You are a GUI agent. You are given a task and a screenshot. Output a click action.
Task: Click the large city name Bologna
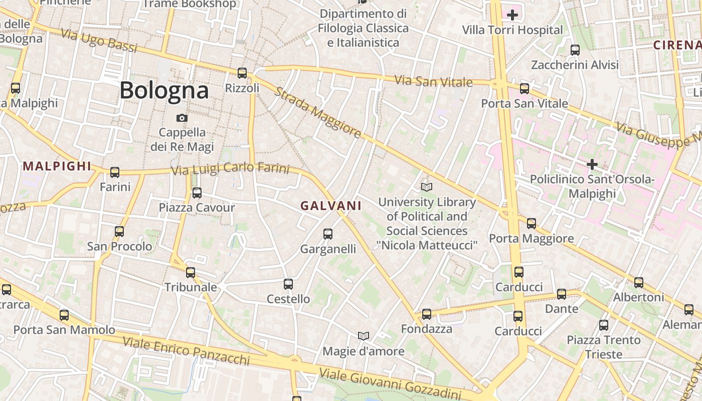(164, 91)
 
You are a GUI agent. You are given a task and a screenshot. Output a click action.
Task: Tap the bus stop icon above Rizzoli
(242, 73)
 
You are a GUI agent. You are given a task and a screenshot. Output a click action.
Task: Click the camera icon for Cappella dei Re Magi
(182, 118)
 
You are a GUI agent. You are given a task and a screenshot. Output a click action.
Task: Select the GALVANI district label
(331, 206)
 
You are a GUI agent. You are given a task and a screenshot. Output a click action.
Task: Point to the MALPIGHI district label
(57, 166)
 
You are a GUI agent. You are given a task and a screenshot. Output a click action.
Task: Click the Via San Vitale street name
(433, 81)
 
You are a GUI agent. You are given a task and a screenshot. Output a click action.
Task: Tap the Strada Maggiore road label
(318, 113)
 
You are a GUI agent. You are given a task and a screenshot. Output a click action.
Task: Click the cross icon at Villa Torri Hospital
(512, 15)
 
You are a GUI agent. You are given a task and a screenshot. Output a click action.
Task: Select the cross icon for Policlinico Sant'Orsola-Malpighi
(592, 164)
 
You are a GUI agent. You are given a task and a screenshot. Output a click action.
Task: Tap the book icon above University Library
(427, 187)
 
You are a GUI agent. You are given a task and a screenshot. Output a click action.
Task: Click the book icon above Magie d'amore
(364, 336)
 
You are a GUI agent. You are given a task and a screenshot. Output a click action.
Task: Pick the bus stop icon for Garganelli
(328, 234)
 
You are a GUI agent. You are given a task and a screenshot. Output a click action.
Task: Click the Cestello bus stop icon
(288, 284)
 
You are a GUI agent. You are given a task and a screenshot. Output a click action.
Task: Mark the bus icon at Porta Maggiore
(532, 224)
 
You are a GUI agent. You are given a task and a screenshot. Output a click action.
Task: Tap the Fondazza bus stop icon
(427, 314)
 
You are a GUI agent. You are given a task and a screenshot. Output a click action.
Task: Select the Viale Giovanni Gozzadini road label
(390, 384)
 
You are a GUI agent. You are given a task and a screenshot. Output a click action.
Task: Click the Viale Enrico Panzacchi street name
(186, 350)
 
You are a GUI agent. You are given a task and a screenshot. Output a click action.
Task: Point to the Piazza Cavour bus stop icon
(197, 192)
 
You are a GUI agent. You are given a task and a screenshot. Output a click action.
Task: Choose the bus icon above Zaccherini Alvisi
(575, 50)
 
